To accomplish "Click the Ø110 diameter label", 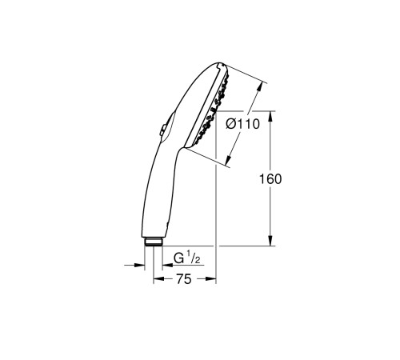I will [x=242, y=126].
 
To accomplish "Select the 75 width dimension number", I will [x=185, y=279].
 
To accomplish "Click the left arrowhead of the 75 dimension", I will [x=156, y=279].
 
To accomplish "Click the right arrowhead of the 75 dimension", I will [x=214, y=279].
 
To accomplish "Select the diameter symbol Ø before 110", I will [x=230, y=126].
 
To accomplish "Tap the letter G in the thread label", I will [x=178, y=258].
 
